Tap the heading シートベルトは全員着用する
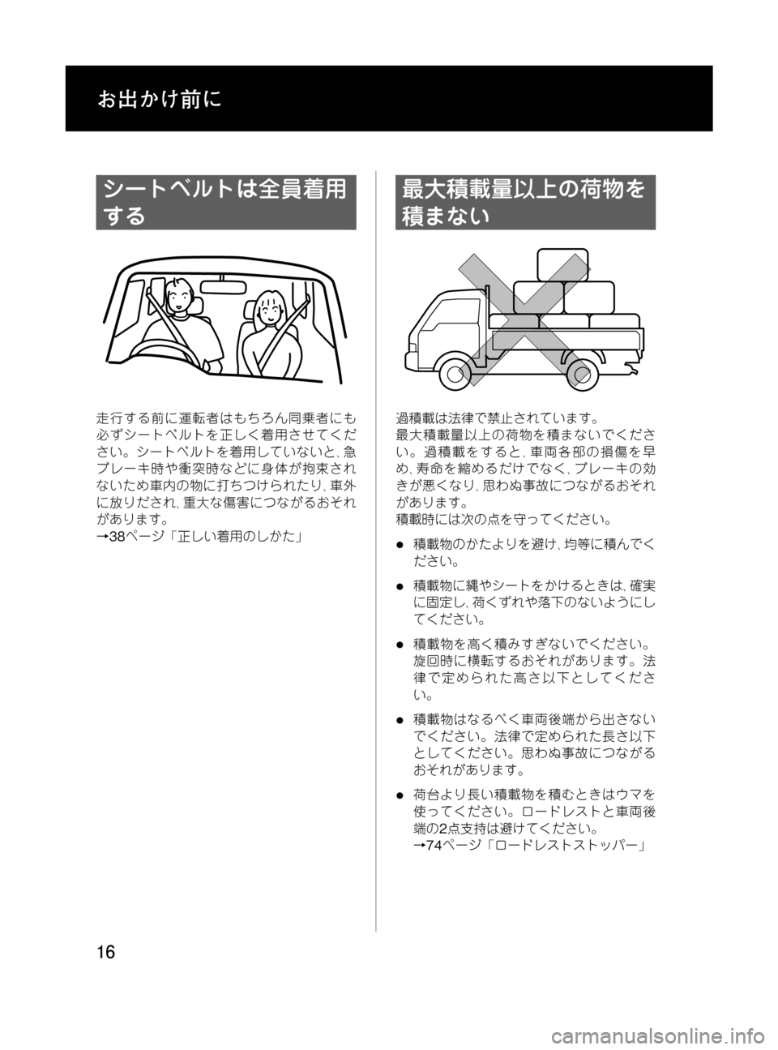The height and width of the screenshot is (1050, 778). tap(225, 202)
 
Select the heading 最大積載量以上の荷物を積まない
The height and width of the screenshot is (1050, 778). tap(524, 202)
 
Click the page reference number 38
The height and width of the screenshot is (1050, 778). tap(117, 535)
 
